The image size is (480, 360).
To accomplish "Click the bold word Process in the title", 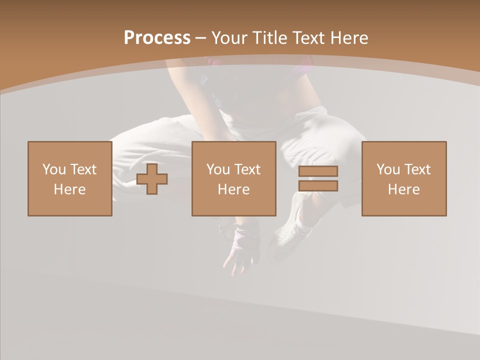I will tap(157, 38).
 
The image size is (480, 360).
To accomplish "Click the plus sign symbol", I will tap(152, 179).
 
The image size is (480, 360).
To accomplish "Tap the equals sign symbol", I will tap(318, 178).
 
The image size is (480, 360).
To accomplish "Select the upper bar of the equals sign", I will tap(318, 171).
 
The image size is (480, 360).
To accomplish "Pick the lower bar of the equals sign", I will tap(318, 186).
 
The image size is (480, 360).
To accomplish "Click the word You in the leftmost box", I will tap(54, 169).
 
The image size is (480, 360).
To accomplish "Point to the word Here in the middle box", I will tap(233, 189).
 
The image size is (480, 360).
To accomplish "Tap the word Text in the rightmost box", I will tap(417, 169).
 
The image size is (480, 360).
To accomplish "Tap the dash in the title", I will tap(200, 38).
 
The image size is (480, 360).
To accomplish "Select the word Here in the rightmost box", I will tap(403, 189).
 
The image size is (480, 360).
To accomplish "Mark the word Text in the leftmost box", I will tap(83, 169).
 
